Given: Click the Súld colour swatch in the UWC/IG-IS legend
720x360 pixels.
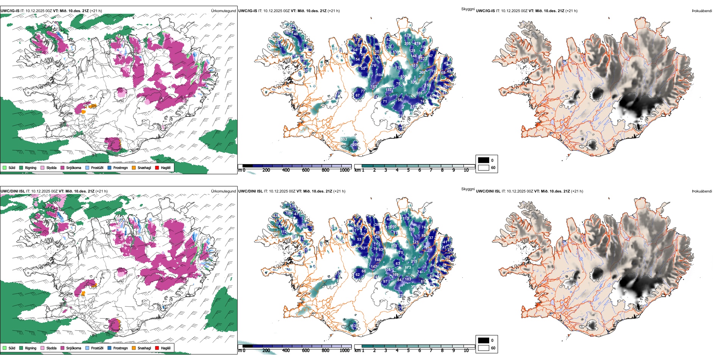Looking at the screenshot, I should click(5, 167).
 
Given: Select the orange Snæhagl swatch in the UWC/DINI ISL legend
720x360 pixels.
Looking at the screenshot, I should click(134, 348).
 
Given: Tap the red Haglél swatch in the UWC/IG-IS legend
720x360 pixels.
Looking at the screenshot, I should click(157, 167).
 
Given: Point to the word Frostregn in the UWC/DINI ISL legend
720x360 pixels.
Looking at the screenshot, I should click(121, 348).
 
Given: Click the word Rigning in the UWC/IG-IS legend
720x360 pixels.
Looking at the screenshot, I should click(31, 167).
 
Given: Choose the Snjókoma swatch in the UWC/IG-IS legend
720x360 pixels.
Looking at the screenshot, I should click(62, 167).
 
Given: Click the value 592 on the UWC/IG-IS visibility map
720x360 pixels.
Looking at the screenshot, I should click(344, 139).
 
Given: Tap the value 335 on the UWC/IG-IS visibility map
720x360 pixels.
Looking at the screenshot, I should click(413, 82).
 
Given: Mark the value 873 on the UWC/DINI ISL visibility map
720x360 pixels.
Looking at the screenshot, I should click(408, 268).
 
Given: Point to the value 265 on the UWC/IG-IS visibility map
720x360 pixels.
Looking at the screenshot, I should click(423, 73).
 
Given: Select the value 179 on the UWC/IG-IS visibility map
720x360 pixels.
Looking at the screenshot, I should click(407, 35).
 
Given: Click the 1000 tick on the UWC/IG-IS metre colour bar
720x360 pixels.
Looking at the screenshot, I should click(344, 170).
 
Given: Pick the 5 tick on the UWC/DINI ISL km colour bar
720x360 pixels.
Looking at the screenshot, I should click(408, 351).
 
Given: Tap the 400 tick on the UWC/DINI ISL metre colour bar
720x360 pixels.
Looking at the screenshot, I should click(286, 351).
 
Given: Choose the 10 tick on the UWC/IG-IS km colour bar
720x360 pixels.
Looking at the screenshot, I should click(466, 170).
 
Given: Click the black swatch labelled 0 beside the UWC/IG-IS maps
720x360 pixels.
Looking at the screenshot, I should click(484, 160).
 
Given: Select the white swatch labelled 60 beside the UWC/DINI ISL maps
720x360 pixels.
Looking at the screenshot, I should click(484, 347).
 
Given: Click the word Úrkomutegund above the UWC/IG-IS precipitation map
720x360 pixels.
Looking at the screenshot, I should click(223, 11).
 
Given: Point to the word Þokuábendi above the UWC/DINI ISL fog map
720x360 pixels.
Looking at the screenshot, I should click(702, 191).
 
